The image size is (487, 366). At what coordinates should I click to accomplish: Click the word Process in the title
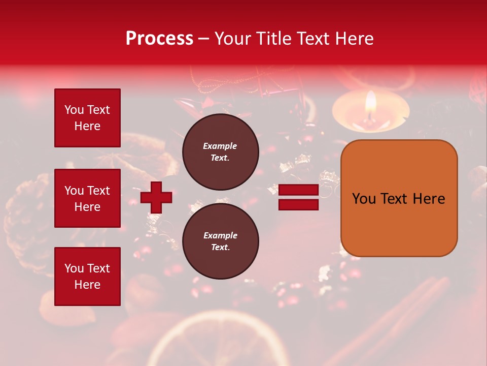coord(159,39)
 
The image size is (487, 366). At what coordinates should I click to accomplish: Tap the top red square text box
coord(87,118)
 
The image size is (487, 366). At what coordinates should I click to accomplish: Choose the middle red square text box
coord(87,198)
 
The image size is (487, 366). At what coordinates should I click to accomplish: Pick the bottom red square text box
coord(87,276)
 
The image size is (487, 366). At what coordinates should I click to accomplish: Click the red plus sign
coord(156,197)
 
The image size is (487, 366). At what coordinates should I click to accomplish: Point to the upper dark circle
coord(220,151)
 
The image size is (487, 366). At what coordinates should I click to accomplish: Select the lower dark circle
coord(220,241)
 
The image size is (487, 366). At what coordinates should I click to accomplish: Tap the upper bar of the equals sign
coord(298,190)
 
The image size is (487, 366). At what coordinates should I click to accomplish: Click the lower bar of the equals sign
coord(298,204)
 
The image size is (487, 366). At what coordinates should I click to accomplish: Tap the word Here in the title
coord(354,39)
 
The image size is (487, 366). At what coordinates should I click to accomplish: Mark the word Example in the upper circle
coord(220,146)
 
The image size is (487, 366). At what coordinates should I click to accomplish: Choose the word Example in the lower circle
coord(220,235)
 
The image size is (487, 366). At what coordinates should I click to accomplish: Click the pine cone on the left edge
coord(25,213)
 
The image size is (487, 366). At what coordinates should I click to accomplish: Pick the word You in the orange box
coord(364,199)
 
